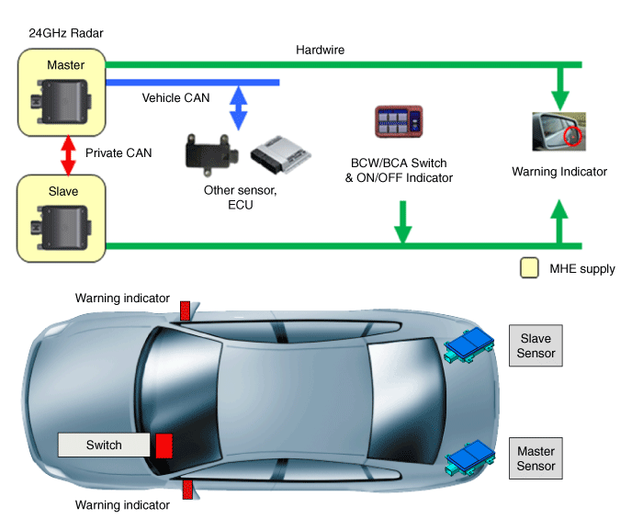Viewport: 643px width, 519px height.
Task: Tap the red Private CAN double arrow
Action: [66, 153]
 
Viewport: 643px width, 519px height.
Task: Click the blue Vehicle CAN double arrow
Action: [239, 107]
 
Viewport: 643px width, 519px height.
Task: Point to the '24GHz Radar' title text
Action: [66, 33]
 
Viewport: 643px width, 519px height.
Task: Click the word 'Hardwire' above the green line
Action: [321, 50]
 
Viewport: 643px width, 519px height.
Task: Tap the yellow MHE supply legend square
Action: [529, 268]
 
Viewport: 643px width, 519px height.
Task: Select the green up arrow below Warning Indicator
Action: [559, 221]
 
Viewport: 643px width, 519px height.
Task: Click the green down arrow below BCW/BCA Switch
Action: [401, 220]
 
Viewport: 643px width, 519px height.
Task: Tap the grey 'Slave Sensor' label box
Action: [536, 345]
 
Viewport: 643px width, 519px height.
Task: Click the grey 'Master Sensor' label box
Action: [536, 458]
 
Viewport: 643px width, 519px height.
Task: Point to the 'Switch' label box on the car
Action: [104, 445]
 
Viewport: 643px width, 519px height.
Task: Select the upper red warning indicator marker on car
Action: [185, 310]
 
